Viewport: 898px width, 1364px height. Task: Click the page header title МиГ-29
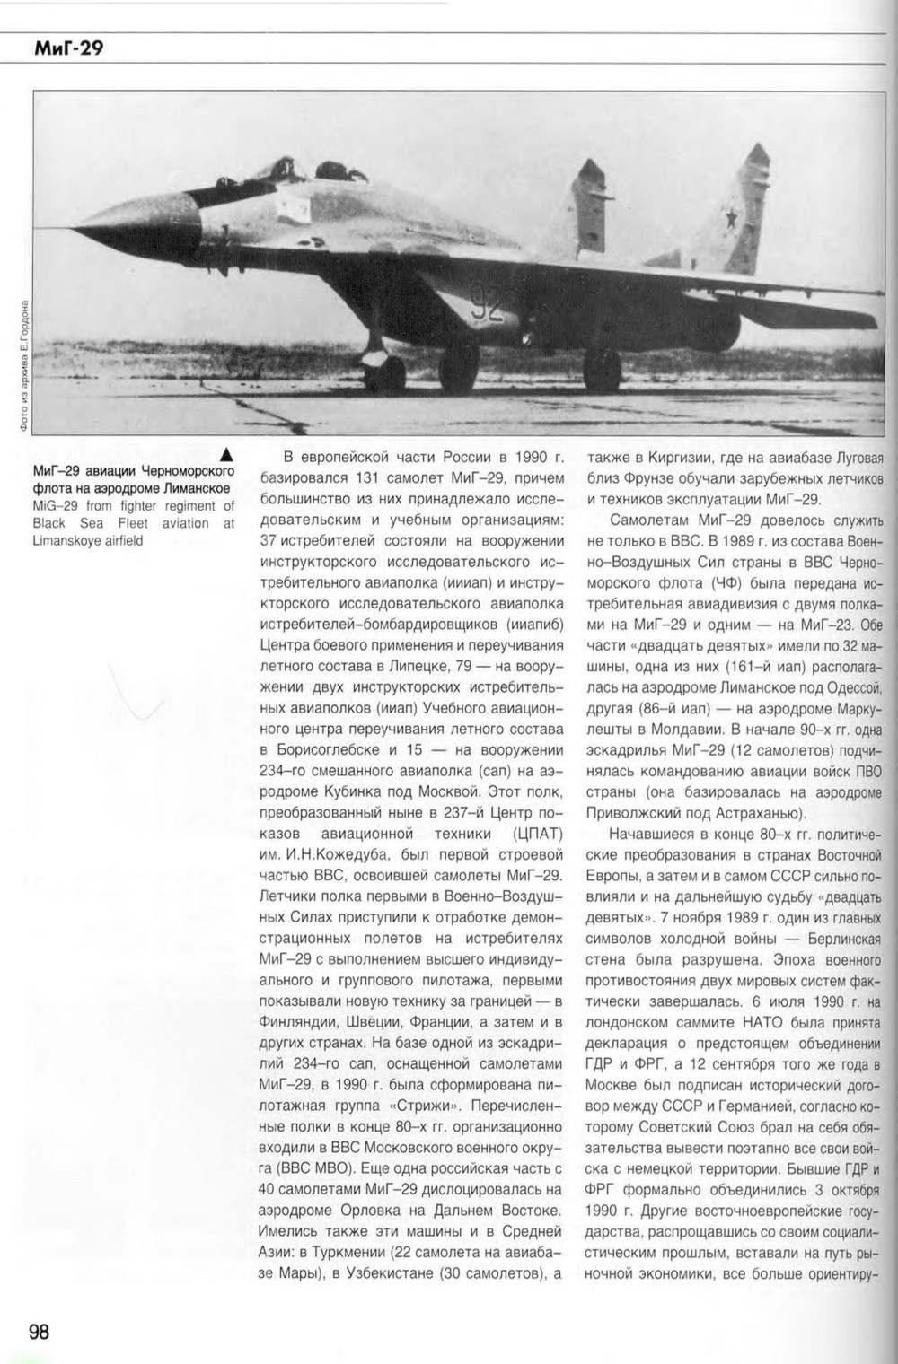click(x=68, y=49)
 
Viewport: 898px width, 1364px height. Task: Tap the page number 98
click(x=39, y=1331)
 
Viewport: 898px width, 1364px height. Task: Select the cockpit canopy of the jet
click(x=269, y=171)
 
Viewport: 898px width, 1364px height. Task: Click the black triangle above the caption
click(x=227, y=453)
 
